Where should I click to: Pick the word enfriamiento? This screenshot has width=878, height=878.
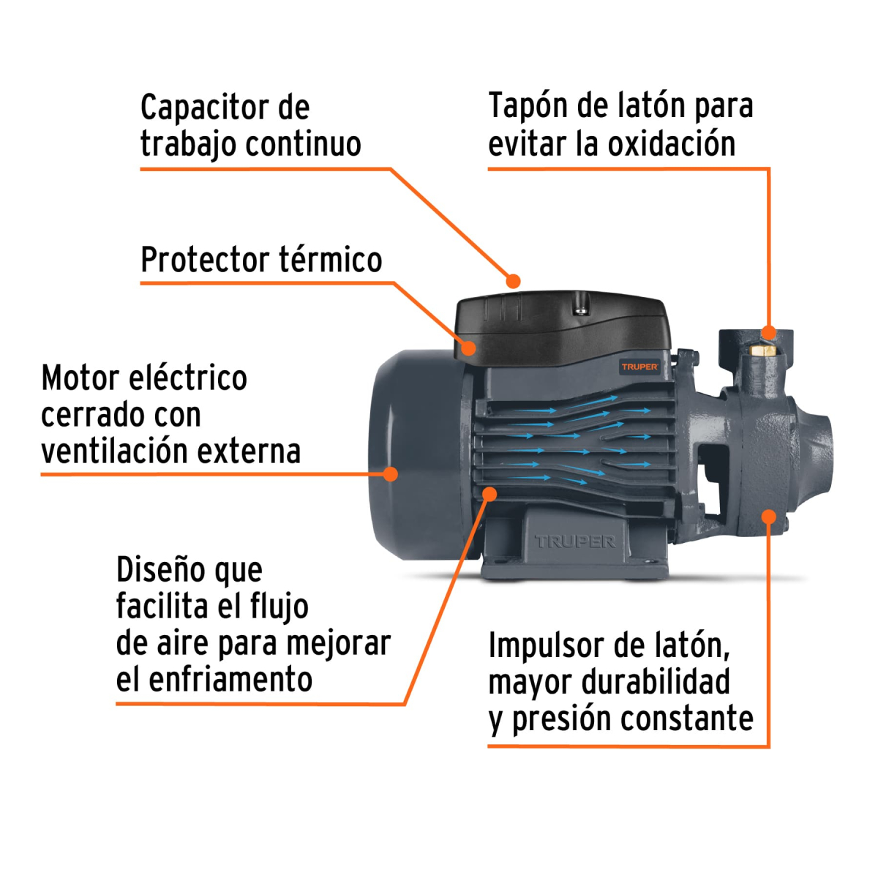tap(230, 680)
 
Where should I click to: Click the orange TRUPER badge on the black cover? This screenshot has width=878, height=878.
tap(639, 367)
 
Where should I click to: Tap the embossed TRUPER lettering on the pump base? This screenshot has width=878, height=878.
tap(575, 542)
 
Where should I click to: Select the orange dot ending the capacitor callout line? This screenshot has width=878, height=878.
tap(514, 281)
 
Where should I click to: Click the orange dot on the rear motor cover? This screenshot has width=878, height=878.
tap(391, 474)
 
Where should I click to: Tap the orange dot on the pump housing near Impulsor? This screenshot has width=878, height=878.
tap(768, 517)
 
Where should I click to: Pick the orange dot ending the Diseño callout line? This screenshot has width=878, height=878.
tap(489, 495)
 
